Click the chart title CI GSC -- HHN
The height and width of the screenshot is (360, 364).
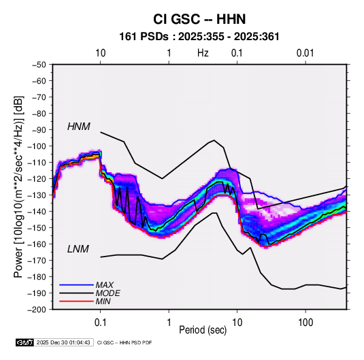coord(199,19)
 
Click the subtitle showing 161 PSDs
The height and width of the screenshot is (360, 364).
coord(199,37)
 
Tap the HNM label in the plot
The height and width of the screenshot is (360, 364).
coord(79,127)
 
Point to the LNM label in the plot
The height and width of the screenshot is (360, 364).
coord(78,249)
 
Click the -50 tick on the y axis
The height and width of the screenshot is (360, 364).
coord(39,65)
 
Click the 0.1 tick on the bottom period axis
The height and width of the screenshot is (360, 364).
coord(100,322)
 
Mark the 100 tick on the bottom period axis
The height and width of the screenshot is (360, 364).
coord(305,322)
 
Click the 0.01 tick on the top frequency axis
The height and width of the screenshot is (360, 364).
coord(305,53)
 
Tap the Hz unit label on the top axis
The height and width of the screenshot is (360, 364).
coord(203,53)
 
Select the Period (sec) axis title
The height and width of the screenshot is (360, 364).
coord(203,330)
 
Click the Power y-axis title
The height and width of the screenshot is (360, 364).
coord(18,186)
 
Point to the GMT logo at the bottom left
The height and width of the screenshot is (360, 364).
coord(25,342)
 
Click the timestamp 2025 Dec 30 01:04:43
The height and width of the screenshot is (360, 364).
coord(63,342)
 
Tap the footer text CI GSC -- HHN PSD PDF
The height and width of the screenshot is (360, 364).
coord(125,342)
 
